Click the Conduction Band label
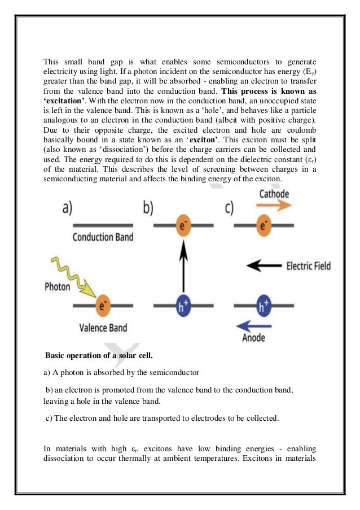coord(103,237)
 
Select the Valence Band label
coord(102,327)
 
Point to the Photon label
coord(58,286)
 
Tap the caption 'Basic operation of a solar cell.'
coord(96,356)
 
